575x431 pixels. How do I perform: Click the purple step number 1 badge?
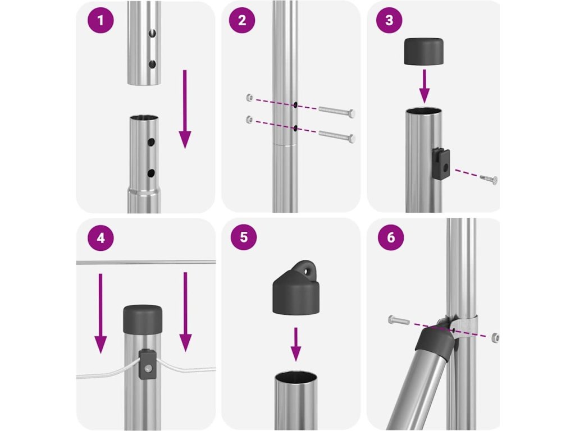(x=101, y=20)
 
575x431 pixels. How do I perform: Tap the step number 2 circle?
(x=242, y=20)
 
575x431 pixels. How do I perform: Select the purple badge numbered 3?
(x=390, y=20)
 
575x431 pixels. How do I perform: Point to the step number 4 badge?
(x=101, y=238)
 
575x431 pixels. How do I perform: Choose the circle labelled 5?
(x=244, y=237)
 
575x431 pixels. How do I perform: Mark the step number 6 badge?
(x=391, y=237)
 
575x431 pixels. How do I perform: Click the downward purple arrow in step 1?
(x=185, y=109)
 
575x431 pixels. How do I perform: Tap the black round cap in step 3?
(x=423, y=51)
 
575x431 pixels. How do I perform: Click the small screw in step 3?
(x=489, y=179)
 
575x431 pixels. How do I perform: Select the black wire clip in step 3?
(x=441, y=163)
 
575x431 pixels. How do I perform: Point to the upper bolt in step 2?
(x=337, y=111)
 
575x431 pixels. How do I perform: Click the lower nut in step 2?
(x=250, y=119)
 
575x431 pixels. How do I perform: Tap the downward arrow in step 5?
(x=295, y=344)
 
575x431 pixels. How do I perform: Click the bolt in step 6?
(x=399, y=320)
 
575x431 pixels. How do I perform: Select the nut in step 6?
(x=495, y=338)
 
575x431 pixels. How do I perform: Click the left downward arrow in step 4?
(x=101, y=313)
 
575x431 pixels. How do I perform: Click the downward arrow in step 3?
(x=425, y=86)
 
